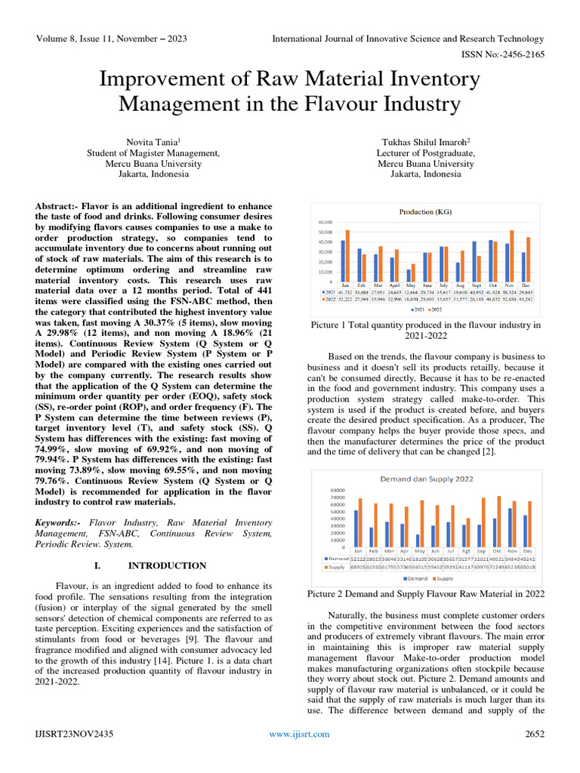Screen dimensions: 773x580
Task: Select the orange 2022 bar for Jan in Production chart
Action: tap(347, 256)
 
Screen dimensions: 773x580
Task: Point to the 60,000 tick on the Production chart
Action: tap(327, 223)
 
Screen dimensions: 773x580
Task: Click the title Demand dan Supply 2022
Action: tap(426, 478)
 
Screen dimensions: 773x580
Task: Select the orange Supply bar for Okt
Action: tap(500, 522)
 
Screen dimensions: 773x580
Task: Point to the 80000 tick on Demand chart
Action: tap(338, 488)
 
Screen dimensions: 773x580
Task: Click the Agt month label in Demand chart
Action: tap(466, 550)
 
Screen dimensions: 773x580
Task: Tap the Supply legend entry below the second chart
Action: tap(443, 578)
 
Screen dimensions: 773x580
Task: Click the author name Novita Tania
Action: tap(153, 141)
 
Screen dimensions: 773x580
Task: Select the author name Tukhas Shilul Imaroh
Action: tap(425, 141)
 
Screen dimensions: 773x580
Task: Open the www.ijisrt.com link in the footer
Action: tap(301, 734)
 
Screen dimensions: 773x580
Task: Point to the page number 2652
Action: tap(535, 734)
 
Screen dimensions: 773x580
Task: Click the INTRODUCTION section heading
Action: tap(167, 565)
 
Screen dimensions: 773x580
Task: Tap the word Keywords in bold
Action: tap(60, 522)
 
